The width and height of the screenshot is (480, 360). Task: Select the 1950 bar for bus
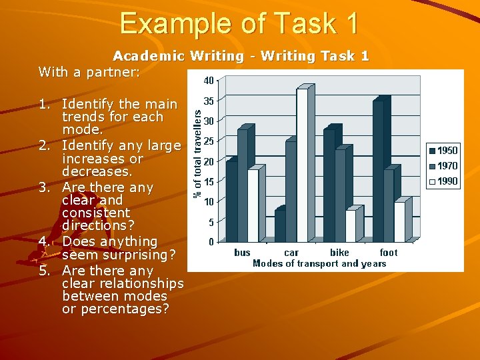(231, 201)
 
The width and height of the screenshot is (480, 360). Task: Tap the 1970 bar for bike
(340, 195)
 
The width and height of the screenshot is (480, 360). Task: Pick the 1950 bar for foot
(378, 172)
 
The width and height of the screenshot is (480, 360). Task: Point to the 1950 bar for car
(279, 226)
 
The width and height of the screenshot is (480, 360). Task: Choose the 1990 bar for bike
(351, 226)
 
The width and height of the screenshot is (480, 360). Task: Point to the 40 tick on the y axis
(209, 81)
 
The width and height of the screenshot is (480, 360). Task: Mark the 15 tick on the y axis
(209, 181)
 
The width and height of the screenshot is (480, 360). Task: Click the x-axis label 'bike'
(340, 253)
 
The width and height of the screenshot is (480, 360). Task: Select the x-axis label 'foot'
(389, 253)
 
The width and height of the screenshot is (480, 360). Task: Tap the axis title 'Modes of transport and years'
(319, 263)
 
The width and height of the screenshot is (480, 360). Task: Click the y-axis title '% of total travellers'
(198, 153)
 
